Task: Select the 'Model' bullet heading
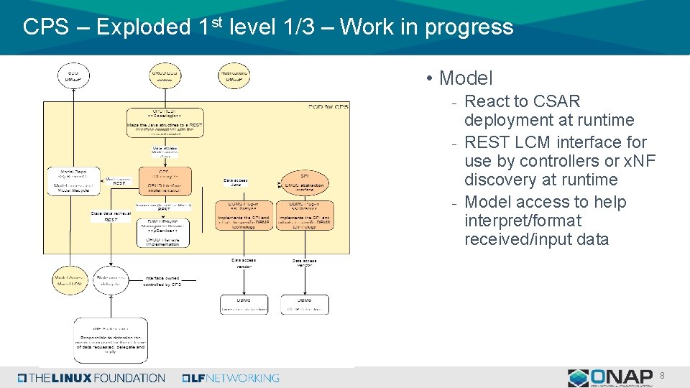(466, 78)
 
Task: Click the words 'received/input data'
(536, 239)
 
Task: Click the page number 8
(662, 375)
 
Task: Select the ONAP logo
(610, 377)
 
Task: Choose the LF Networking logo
(231, 378)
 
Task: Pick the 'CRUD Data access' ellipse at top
(165, 75)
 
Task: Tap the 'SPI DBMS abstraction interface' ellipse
(304, 181)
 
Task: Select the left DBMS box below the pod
(244, 304)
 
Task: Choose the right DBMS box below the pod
(305, 304)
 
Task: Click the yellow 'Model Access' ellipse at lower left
(69, 280)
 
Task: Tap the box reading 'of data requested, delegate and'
(111, 341)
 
